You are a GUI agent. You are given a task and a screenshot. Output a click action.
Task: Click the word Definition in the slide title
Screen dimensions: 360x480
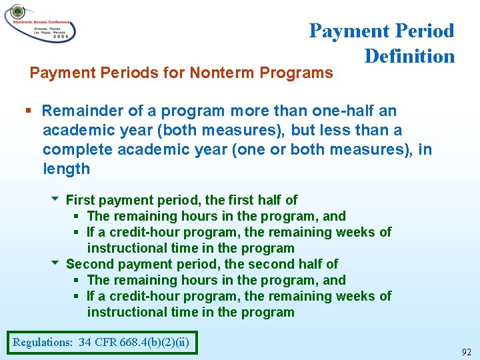409,56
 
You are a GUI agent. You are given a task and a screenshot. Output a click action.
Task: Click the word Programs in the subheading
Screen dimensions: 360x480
295,73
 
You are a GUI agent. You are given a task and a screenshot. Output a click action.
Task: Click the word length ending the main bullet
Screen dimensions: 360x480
66,169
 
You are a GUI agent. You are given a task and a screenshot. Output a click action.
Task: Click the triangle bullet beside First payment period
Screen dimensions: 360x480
55,199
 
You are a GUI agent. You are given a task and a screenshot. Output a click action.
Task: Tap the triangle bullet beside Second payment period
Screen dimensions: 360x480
55,263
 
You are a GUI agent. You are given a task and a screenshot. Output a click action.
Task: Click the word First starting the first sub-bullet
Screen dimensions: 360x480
80,200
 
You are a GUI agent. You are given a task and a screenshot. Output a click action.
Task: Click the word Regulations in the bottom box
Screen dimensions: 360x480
43,343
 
